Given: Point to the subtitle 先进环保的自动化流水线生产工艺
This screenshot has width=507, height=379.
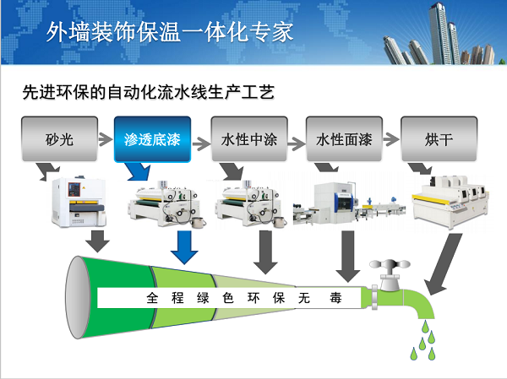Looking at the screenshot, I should [150, 91].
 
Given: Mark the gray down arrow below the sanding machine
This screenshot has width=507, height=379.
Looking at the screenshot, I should [99, 240].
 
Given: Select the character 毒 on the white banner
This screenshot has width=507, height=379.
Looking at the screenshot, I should [335, 298].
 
